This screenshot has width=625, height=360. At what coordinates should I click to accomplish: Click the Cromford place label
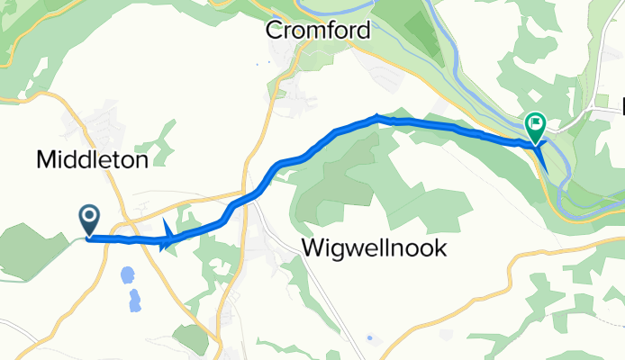click(317, 30)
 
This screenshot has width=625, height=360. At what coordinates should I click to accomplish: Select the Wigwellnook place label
click(374, 248)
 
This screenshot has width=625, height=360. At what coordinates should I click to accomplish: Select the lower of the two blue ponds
click(135, 300)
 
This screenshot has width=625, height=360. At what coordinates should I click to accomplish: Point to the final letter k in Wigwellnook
click(440, 248)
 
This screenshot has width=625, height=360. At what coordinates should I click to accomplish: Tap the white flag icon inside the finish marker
click(536, 121)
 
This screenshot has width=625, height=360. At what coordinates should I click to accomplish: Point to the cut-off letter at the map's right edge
click(621, 108)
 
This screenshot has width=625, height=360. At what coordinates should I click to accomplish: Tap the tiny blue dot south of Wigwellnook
click(369, 338)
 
